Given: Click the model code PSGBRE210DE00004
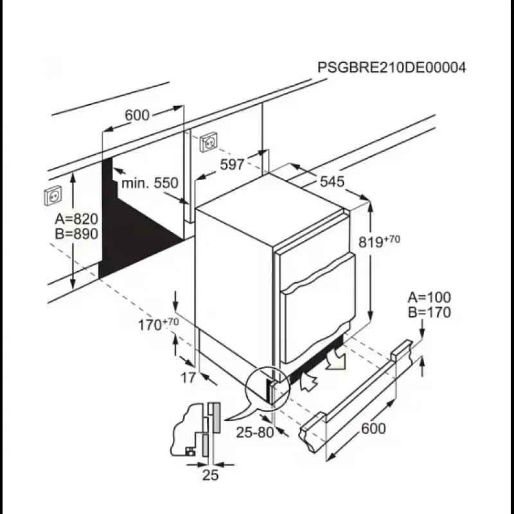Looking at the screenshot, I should click(x=392, y=68).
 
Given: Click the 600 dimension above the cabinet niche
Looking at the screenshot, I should click(x=137, y=115).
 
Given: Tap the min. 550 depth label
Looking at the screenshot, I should click(x=150, y=183).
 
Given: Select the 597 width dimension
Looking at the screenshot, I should click(x=232, y=164).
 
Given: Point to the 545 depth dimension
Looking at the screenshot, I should click(x=332, y=182).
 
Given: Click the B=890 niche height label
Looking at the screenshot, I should click(x=76, y=234).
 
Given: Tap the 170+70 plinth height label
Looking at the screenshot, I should click(x=158, y=324).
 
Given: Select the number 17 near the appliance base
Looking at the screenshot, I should click(x=187, y=378).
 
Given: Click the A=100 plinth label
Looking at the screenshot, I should click(x=429, y=297).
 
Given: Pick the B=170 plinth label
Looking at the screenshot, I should click(x=429, y=312).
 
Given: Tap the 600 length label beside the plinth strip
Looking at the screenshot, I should click(x=373, y=429).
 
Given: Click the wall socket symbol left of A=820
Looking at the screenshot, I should click(x=52, y=195).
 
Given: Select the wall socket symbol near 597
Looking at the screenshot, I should click(x=210, y=142).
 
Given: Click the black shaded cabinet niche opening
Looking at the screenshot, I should click(x=135, y=231).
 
